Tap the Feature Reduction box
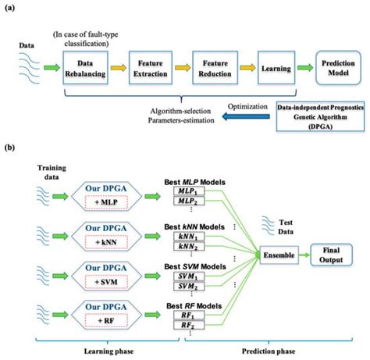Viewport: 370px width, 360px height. click(x=215, y=66)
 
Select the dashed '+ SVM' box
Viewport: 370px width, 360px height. click(x=99, y=278)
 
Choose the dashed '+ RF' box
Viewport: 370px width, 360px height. click(x=99, y=319)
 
